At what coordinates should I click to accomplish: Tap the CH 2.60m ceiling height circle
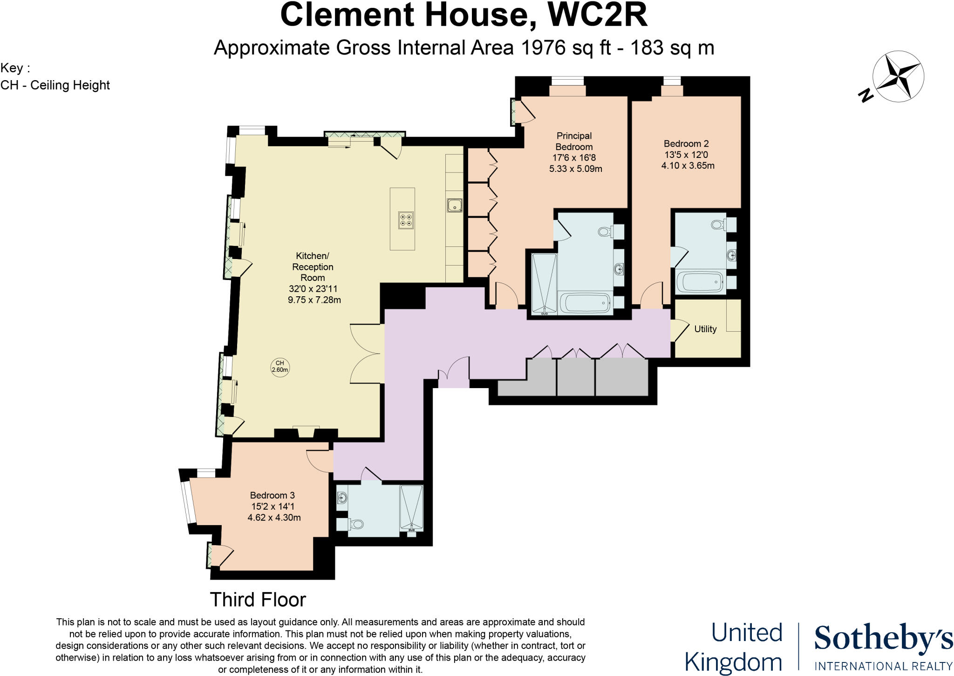click(280, 367)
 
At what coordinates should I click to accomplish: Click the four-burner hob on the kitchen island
click(405, 220)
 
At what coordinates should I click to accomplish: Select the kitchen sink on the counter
click(454, 205)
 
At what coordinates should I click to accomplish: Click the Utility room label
click(705, 329)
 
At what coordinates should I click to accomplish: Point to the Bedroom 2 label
click(686, 143)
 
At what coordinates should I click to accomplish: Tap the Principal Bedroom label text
click(574, 141)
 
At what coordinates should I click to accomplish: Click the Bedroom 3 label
click(272, 495)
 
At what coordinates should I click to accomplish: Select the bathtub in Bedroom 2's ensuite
click(700, 282)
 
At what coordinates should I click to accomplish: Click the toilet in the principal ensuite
click(606, 231)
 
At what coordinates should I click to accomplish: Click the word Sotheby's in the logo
click(883, 639)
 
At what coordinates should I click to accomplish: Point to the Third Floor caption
click(258, 600)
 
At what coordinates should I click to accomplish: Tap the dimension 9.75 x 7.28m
click(314, 300)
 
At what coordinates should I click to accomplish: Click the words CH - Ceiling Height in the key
click(55, 85)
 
